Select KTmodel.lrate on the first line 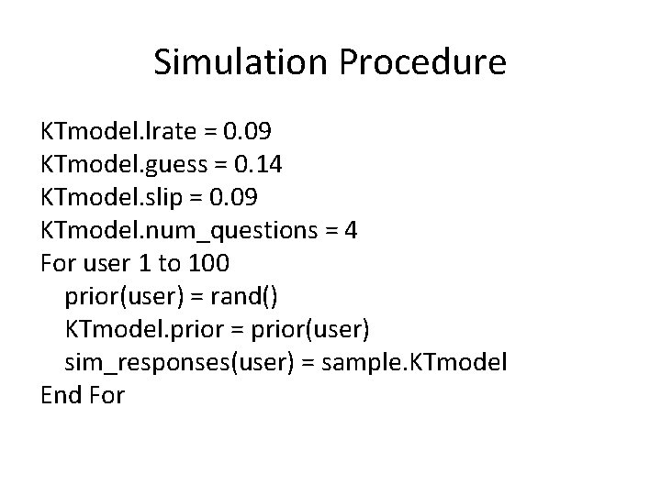(117, 131)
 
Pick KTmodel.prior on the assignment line (130, 329)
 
